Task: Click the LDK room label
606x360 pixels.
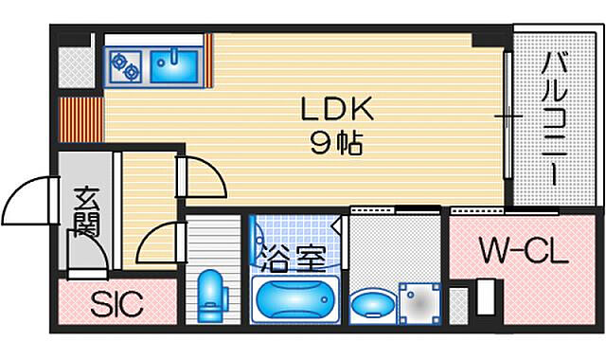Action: pos(325,111)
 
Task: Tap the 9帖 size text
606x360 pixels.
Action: pos(325,144)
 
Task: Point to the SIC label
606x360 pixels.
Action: pos(116,305)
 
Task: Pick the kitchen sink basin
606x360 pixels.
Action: pos(173,64)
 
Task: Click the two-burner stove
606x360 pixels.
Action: pos(125,64)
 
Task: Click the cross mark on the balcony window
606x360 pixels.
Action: pos(508,117)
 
